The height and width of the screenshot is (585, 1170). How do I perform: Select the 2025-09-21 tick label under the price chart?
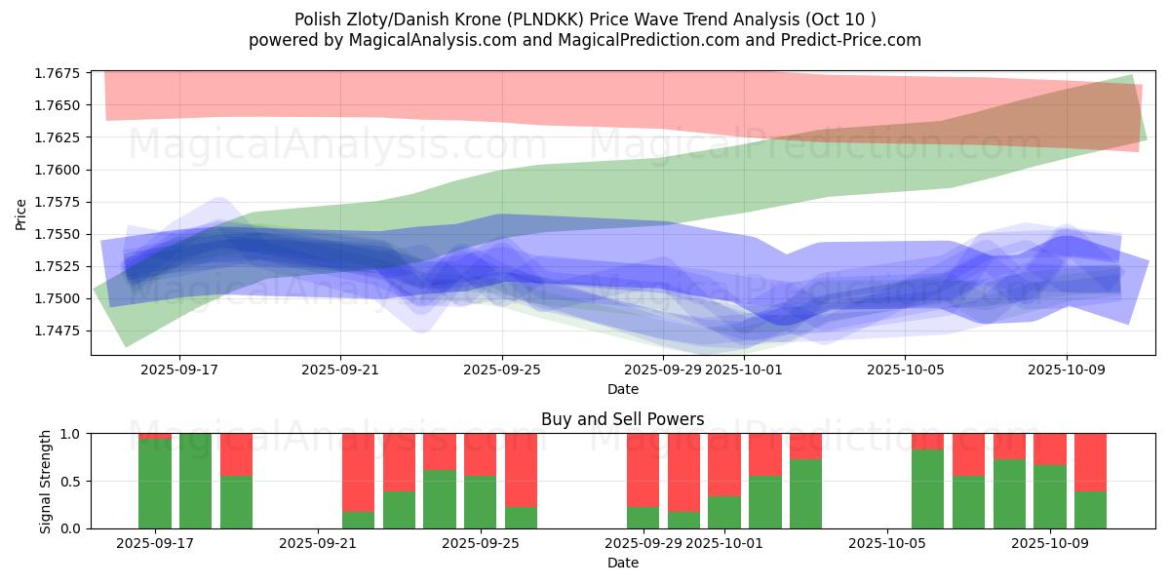point(340,370)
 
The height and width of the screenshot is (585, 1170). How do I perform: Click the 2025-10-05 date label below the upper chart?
point(905,370)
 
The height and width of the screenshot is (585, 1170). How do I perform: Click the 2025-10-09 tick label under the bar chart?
point(1050,544)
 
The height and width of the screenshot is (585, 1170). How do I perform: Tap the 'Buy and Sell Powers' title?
point(622,420)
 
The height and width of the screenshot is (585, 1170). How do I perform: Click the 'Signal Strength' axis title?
point(46,481)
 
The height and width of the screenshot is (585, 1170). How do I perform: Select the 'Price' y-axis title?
point(21,214)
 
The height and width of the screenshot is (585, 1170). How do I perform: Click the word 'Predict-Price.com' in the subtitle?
point(853,40)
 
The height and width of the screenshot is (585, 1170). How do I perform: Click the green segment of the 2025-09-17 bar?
point(155,484)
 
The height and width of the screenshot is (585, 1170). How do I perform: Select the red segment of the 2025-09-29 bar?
point(643,469)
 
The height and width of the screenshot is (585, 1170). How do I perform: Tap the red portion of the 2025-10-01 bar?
point(723,464)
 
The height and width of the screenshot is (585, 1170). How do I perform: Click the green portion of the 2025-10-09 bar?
point(1050,496)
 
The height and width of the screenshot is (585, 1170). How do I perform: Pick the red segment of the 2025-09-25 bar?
point(480,454)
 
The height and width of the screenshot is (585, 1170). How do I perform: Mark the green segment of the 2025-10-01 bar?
point(723,513)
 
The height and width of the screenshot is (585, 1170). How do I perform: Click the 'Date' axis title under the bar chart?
point(622,563)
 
